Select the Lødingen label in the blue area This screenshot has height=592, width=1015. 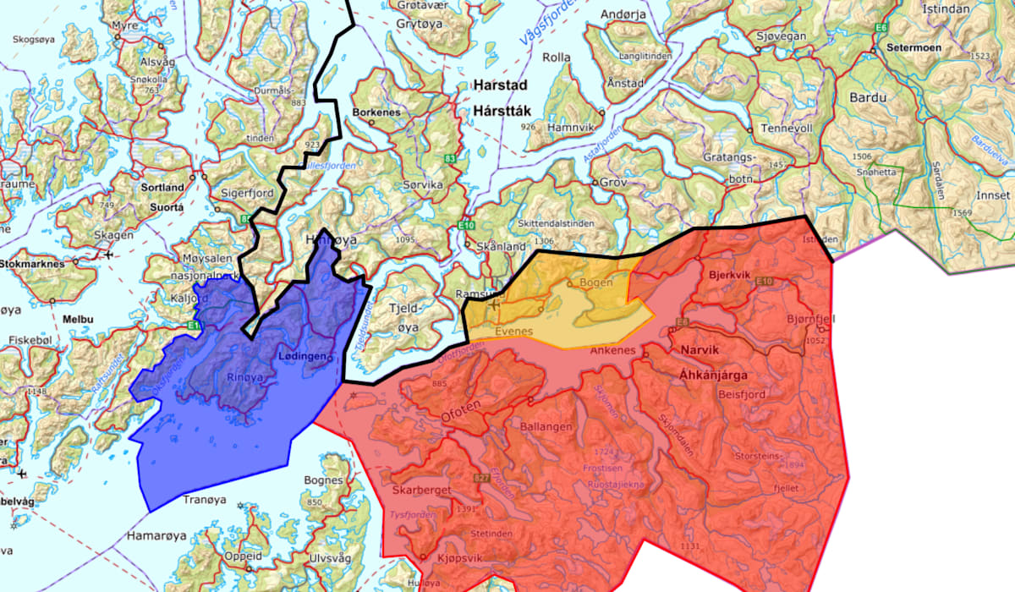tap(302, 357)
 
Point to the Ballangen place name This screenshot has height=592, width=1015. tap(551, 425)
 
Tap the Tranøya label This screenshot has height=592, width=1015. tap(206, 499)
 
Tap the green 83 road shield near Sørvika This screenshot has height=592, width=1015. tap(449, 158)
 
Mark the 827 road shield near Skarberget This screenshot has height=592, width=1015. tap(483, 480)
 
